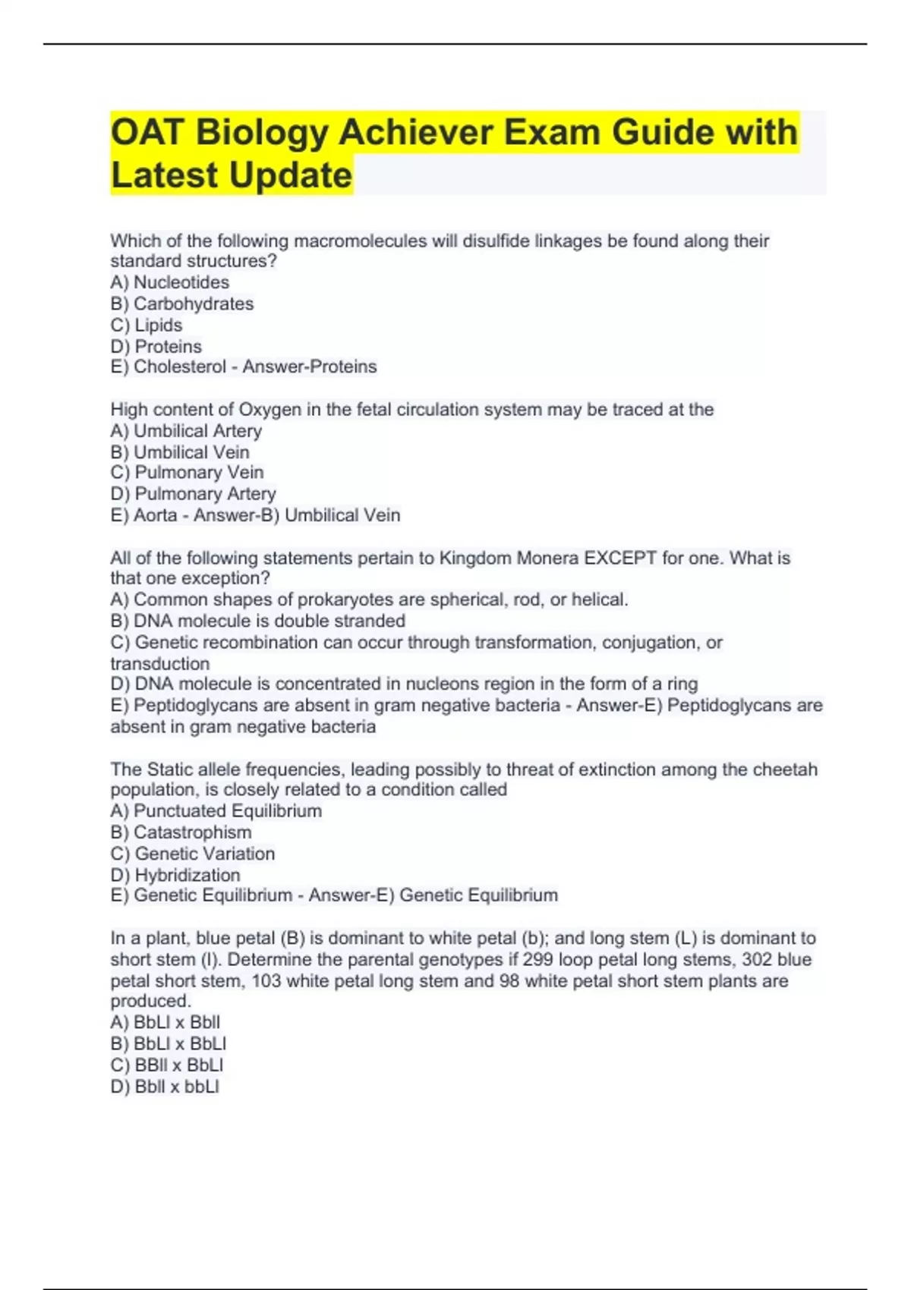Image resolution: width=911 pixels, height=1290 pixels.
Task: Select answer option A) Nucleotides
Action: click(169, 282)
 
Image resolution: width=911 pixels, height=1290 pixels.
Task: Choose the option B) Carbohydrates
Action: click(181, 304)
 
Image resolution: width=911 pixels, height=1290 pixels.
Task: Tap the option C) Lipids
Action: click(146, 325)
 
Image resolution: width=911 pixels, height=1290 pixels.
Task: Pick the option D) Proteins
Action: click(156, 346)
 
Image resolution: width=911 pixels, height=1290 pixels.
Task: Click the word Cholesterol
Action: click(180, 367)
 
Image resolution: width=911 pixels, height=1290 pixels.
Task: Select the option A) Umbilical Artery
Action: click(186, 431)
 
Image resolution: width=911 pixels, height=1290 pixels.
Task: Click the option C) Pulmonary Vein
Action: click(187, 472)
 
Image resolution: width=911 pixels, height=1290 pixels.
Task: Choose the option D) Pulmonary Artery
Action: click(193, 493)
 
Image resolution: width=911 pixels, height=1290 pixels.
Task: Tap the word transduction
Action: click(159, 663)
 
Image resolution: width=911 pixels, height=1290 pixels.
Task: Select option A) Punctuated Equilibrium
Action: click(216, 810)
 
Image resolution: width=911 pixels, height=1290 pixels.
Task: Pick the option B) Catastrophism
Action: click(181, 832)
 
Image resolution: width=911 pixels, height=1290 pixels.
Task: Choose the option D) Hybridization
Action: click(175, 875)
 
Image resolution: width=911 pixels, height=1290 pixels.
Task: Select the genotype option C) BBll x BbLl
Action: click(166, 1065)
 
